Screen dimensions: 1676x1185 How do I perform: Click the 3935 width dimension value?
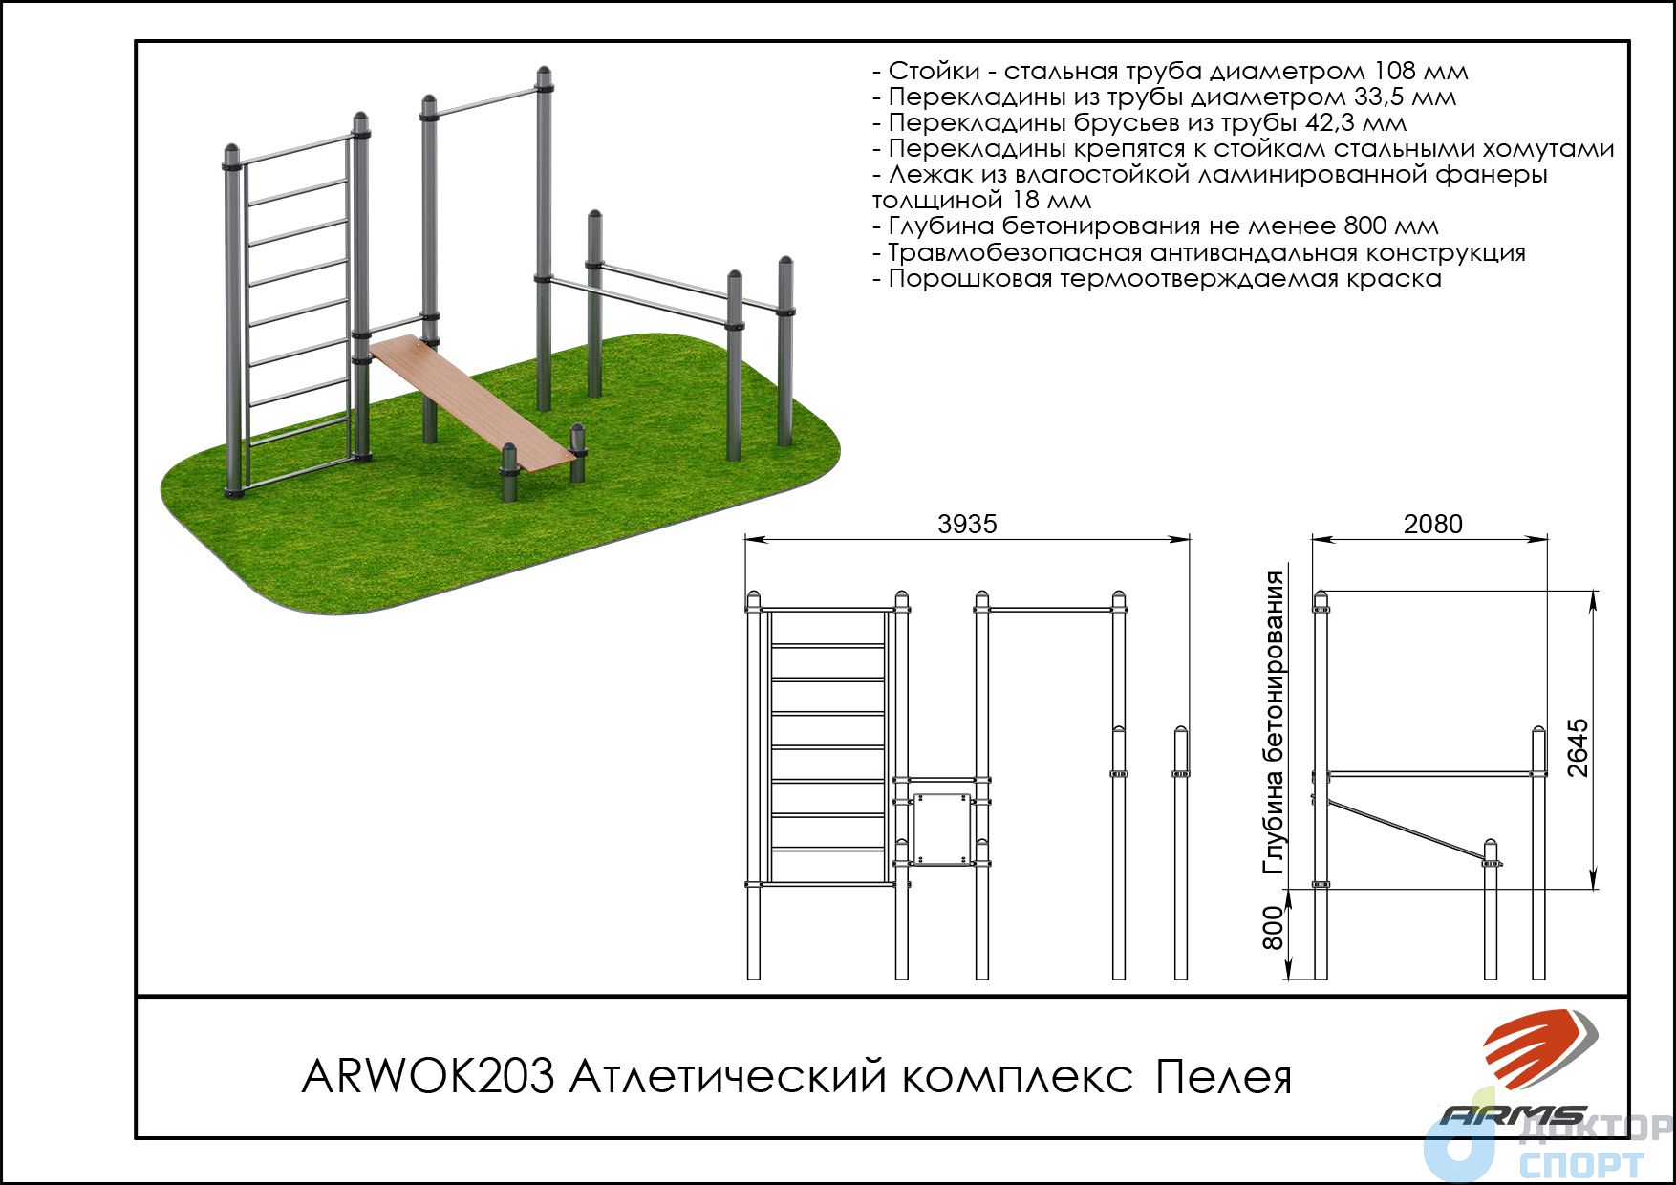(x=967, y=524)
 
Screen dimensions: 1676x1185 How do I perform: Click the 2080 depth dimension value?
(x=1432, y=524)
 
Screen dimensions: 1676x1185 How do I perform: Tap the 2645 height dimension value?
(x=1578, y=748)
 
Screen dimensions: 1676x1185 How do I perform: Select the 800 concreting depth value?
(x=1273, y=928)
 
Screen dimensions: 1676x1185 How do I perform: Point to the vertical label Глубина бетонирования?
(x=1274, y=722)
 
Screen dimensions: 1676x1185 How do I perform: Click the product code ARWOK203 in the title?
(x=428, y=1077)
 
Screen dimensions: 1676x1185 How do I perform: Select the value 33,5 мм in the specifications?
(x=1406, y=97)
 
